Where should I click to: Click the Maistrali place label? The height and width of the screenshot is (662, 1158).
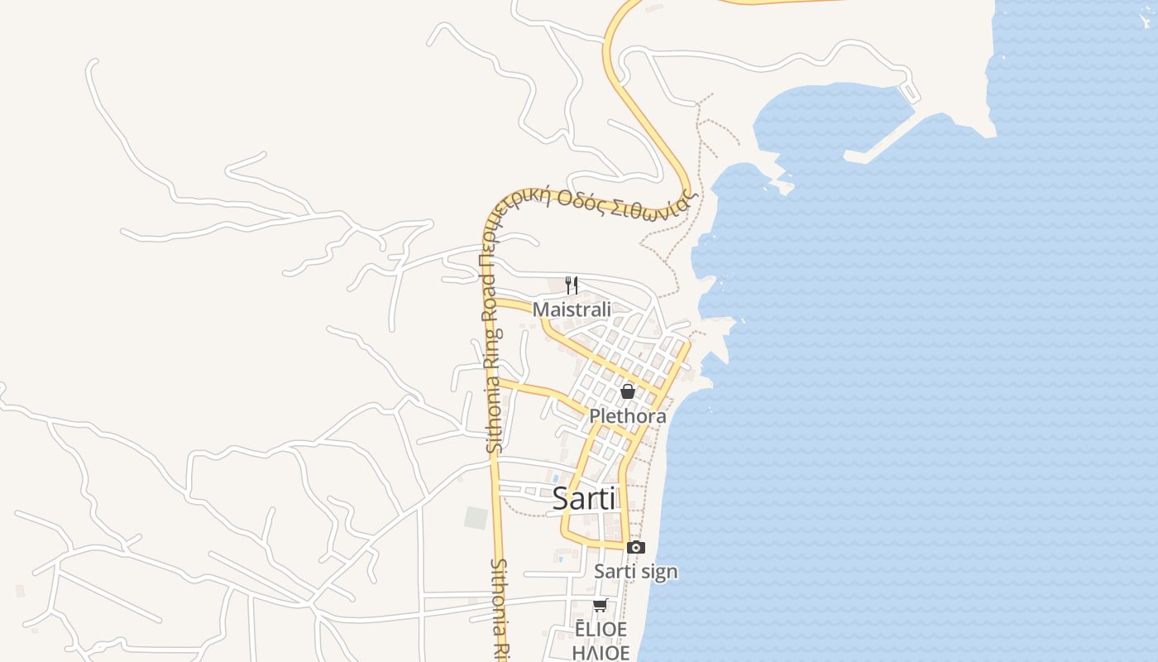572,309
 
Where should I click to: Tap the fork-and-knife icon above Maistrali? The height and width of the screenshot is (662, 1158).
571,285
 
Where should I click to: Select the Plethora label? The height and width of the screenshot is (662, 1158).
628,416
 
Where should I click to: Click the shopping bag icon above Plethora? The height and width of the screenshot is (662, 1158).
628,391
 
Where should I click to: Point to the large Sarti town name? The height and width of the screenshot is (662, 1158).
583,498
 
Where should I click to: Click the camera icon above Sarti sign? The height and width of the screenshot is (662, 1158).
635,547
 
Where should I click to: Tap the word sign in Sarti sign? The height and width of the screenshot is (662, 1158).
659,571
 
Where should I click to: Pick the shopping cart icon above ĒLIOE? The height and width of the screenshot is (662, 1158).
600,606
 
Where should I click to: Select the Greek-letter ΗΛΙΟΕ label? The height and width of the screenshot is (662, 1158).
601,652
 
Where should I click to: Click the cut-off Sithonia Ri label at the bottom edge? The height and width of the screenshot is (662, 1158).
499,608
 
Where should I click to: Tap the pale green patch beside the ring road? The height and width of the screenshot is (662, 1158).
476,518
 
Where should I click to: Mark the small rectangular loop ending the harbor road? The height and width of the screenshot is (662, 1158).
909,90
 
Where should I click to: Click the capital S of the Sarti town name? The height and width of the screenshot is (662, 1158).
561,498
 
